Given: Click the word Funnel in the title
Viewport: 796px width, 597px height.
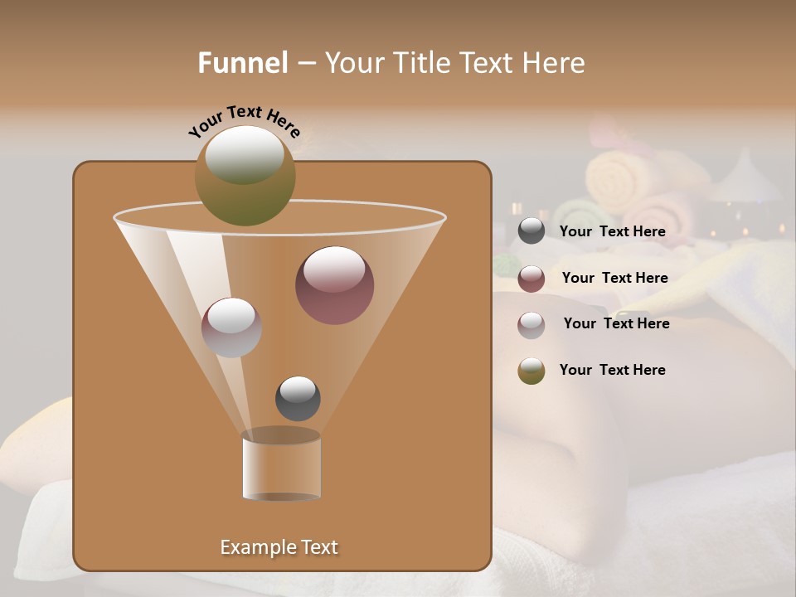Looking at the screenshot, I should coord(243,63).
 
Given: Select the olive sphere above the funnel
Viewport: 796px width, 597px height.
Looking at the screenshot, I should coord(245,176).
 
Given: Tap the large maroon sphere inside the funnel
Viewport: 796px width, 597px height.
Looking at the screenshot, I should coord(334,285).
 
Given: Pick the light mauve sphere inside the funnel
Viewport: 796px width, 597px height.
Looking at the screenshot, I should coord(231,328).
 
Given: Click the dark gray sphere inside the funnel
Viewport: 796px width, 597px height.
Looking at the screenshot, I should coord(298,398).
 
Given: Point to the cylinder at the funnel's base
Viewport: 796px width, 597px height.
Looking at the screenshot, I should coord(281,468).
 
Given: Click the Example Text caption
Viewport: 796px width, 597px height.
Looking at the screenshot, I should coord(279,547).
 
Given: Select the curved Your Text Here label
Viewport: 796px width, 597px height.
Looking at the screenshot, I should coord(244,121).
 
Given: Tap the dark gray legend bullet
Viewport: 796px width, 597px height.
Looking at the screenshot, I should coord(531,231).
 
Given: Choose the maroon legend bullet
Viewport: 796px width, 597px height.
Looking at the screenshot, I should coord(531,279).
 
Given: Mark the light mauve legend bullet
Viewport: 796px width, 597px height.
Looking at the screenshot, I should coord(531,325).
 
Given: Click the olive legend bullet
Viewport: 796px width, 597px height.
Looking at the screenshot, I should coord(531,371).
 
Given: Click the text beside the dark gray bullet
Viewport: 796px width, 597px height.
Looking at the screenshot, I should coord(612,231).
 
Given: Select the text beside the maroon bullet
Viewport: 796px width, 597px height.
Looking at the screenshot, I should coord(614,278).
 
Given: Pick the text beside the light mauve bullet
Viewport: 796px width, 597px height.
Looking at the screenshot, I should coord(616,323).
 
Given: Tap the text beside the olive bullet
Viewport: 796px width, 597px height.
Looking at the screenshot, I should coord(612,370).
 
